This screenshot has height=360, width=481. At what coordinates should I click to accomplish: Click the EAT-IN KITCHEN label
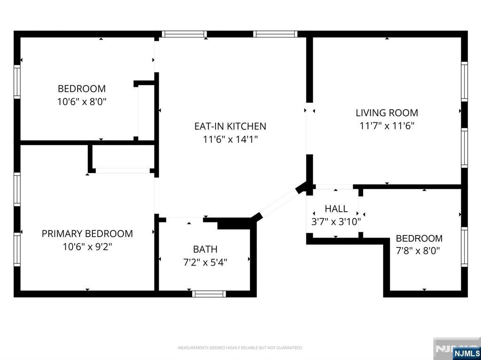(230, 126)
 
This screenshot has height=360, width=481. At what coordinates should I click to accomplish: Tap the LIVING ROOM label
(387, 113)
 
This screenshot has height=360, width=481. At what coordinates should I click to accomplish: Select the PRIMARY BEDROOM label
(87, 234)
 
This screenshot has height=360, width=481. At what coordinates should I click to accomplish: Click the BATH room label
(205, 249)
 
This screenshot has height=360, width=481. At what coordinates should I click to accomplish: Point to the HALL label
(336, 209)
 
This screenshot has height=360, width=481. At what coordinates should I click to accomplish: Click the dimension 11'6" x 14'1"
(230, 139)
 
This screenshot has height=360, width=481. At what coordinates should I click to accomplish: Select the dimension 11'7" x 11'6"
(387, 126)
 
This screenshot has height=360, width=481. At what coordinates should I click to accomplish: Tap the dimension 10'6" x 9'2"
(87, 246)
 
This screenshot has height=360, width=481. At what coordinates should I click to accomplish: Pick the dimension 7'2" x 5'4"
(205, 262)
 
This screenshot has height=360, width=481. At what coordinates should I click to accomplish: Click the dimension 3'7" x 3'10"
(336, 222)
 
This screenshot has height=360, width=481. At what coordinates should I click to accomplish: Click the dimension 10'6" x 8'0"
(82, 101)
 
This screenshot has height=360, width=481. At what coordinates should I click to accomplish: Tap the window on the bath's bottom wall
(209, 294)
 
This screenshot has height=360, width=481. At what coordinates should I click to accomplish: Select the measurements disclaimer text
(240, 348)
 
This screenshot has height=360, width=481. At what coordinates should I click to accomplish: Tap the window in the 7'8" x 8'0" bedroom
(465, 247)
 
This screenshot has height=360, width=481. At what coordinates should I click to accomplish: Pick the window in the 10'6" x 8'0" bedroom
(17, 82)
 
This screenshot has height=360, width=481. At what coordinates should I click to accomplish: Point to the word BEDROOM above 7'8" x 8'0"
(419, 238)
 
